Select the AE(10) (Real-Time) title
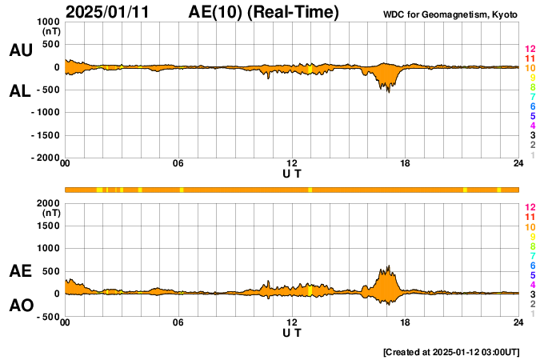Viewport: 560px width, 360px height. coord(264,12)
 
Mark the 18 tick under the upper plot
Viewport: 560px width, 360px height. coord(406,164)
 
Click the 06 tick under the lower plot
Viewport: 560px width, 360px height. coord(178,323)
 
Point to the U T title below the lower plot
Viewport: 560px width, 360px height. coord(292,333)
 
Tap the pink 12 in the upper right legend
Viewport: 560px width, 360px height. coord(530,50)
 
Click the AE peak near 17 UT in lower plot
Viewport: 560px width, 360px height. coord(388,266)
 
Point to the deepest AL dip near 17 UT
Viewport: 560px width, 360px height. coord(389,92)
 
